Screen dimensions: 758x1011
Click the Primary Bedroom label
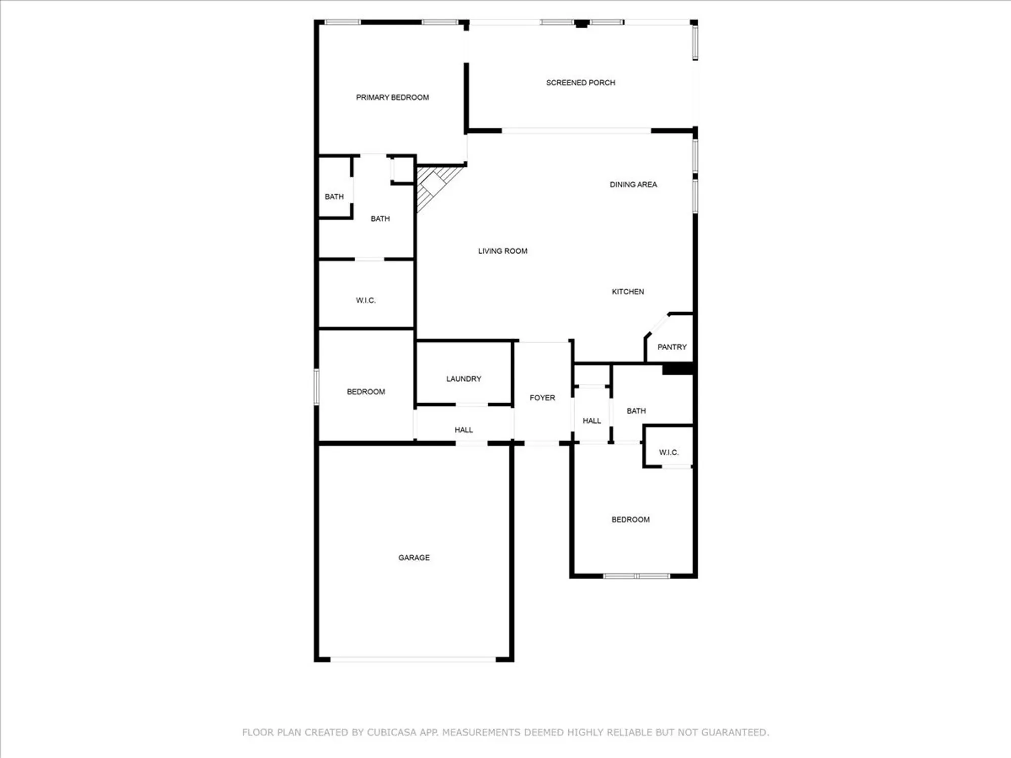tap(392, 98)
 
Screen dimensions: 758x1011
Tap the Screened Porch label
tap(580, 83)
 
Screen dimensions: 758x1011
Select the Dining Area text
tap(633, 185)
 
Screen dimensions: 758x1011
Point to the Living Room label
tap(502, 251)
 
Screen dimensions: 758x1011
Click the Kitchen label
tap(628, 292)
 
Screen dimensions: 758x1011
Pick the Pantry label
tap(672, 347)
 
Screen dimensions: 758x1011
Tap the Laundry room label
tap(464, 379)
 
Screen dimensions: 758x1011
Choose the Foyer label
tap(542, 398)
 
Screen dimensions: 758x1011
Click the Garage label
tap(414, 558)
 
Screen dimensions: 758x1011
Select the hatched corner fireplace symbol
tap(433, 185)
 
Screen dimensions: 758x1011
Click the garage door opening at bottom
tap(413, 659)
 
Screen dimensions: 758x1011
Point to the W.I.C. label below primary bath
tap(365, 301)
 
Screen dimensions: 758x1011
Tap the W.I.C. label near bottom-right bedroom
tap(669, 453)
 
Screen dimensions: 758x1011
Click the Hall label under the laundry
tap(464, 430)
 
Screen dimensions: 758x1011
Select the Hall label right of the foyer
tap(592, 421)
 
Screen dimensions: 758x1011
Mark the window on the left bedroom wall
tap(317, 387)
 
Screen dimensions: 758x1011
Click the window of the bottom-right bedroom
tap(636, 576)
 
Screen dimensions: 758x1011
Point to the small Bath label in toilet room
tap(334, 197)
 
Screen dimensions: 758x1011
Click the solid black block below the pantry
tap(677, 369)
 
